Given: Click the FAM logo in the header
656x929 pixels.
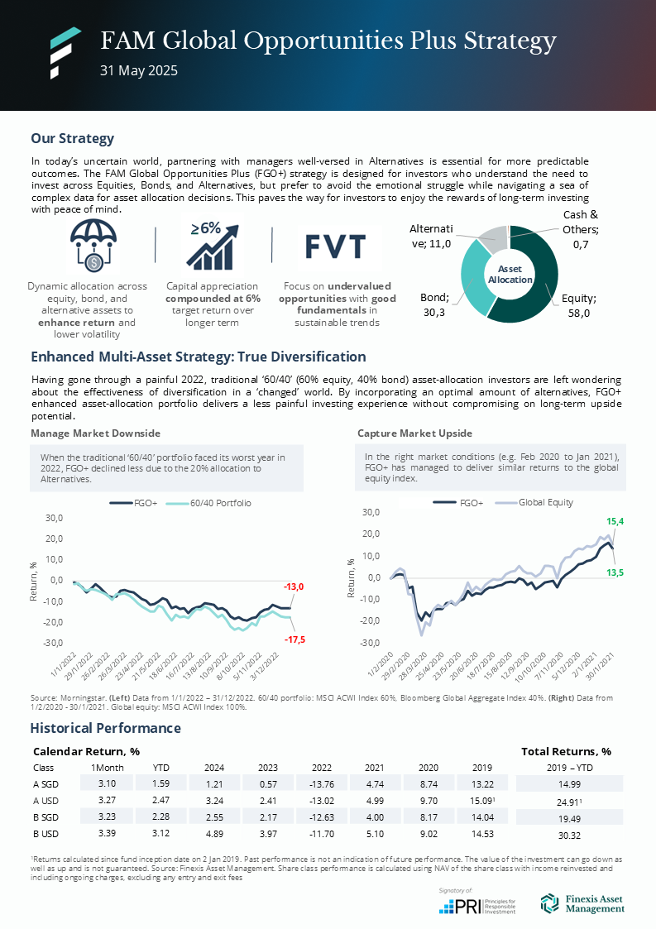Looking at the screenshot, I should coord(65,52).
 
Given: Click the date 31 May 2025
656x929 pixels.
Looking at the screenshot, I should coord(139,71).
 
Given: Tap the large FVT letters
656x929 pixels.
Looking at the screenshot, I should coord(336,247).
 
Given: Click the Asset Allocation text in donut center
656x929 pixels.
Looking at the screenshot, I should coord(510,275).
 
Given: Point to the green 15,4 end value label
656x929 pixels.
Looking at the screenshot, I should coord(615,522).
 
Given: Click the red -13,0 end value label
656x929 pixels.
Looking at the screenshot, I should coord(293,587).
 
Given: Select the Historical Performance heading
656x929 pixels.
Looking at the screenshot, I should coord(105,728).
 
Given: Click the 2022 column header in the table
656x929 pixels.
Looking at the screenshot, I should coord(315,767).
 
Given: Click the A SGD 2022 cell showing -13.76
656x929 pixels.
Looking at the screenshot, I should coord(315,783).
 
